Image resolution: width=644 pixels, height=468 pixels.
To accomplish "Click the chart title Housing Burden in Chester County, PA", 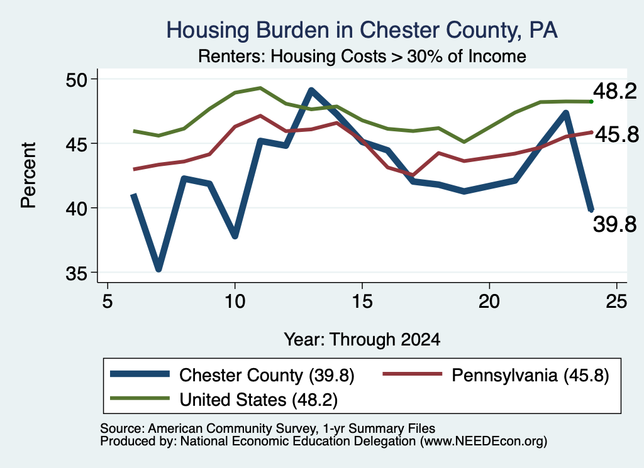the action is tap(362, 30).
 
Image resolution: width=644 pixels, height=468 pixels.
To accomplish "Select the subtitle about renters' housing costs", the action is tap(362, 57).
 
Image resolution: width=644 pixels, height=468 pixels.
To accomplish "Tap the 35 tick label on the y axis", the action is tap(77, 273).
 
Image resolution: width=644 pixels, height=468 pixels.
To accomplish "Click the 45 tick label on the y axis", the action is tap(77, 144).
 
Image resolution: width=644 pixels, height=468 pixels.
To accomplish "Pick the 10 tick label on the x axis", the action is tap(235, 302).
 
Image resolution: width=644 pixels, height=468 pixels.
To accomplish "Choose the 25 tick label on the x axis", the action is tap(616, 302).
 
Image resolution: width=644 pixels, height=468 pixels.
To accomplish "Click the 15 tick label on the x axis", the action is tap(362, 302).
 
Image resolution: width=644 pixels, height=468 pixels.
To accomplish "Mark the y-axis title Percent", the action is tap(28, 175).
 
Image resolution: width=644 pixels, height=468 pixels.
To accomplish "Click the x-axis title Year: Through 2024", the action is tap(362, 340).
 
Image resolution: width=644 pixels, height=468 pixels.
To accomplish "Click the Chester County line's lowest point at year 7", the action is tap(158, 269).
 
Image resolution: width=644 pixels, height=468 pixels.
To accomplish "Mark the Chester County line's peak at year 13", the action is tap(311, 90).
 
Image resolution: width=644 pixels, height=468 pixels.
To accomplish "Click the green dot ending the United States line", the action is tap(591, 102).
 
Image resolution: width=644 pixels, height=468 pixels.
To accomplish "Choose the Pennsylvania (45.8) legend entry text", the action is tap(530, 375).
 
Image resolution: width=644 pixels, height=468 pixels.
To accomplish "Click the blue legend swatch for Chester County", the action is tap(140, 374).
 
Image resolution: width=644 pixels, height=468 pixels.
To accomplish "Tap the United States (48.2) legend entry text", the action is tap(258, 400).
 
